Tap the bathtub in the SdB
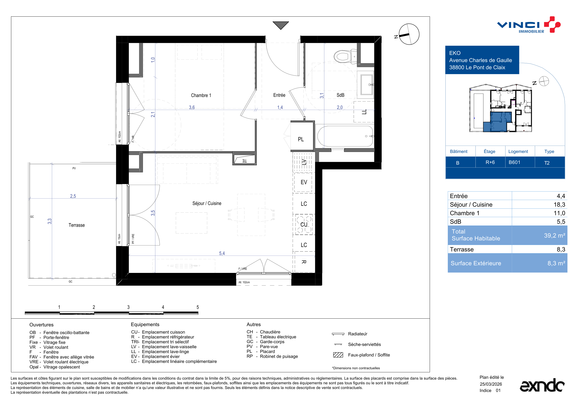pos(345,136)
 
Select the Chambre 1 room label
pos(201,95)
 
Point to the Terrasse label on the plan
pos(77,225)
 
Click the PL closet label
pos(301,139)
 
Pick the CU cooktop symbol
pos(304,224)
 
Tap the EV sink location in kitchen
pos(304,182)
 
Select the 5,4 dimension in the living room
pos(222,253)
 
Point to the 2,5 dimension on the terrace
pos(73,196)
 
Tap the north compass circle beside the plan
pos(409,34)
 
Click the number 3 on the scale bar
pos(128,307)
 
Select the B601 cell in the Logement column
pos(514,162)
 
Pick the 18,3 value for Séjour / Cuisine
pos(559,205)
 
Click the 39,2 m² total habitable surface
pos(554,235)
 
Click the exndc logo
pos(542,385)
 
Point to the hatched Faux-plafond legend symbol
pos(338,355)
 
